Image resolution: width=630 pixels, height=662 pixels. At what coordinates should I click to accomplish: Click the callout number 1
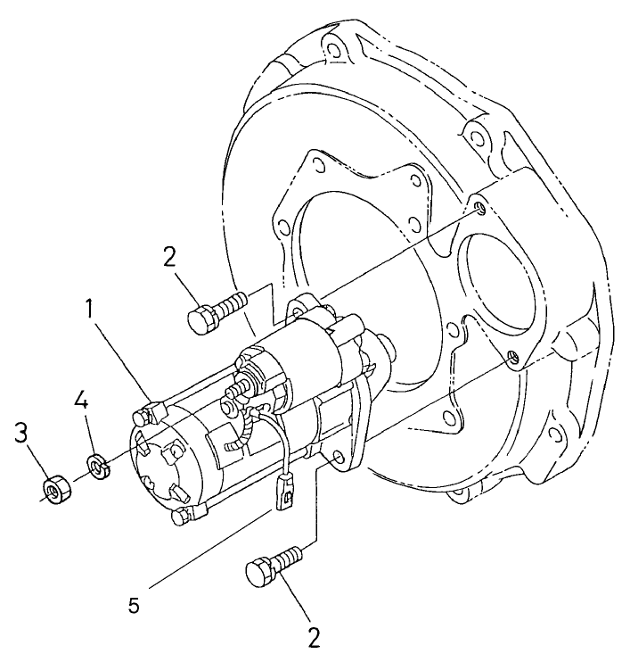(89, 310)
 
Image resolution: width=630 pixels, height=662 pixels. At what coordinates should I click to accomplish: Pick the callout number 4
(81, 399)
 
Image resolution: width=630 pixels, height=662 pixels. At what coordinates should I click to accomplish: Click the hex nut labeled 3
(53, 489)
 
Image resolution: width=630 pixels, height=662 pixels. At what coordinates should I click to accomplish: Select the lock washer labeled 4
(96, 465)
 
